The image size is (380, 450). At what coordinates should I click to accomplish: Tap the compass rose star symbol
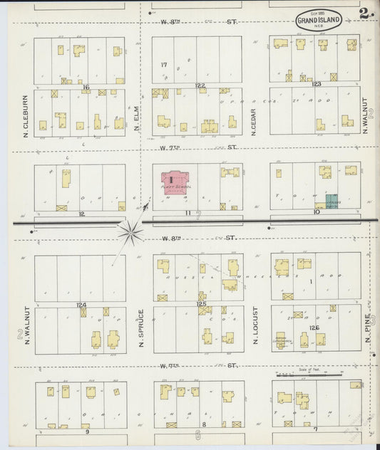tap(130, 231)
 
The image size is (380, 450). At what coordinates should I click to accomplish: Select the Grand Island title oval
tap(319, 19)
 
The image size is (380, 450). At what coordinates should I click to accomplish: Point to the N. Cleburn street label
tap(24, 115)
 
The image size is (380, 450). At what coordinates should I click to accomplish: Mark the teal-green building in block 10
tap(332, 201)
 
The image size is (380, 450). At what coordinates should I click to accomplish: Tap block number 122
tap(200, 85)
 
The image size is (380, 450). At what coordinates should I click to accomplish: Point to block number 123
tap(317, 84)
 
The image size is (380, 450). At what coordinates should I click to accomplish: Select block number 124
tap(81, 305)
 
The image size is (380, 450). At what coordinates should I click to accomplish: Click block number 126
tap(314, 328)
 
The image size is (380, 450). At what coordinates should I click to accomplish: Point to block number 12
tap(82, 213)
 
